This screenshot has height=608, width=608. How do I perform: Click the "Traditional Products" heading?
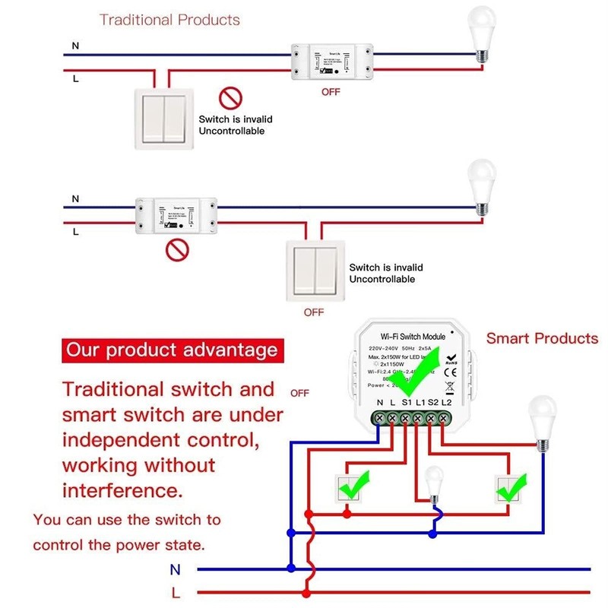[x=169, y=20]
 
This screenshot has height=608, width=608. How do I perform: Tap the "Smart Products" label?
[x=542, y=338]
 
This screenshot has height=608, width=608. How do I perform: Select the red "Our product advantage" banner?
[x=171, y=350]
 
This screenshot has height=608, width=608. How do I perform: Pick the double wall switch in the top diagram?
[x=163, y=118]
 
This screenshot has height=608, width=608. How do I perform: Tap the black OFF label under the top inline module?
[x=331, y=92]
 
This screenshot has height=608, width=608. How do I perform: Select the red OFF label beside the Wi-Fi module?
[x=299, y=394]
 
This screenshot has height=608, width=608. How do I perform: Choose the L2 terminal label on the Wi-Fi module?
[x=447, y=401]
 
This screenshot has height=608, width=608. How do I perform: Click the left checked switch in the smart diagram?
[x=351, y=488]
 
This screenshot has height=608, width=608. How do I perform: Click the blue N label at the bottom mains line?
[x=176, y=568]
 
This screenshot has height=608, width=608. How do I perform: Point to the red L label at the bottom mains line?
[x=176, y=591]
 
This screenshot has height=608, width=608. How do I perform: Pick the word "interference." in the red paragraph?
[x=122, y=490]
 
